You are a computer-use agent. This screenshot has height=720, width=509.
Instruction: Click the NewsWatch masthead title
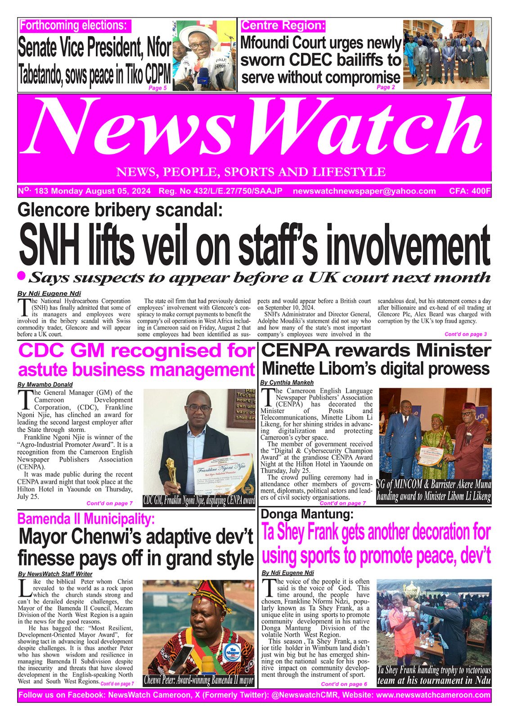pyautogui.click(x=254, y=130)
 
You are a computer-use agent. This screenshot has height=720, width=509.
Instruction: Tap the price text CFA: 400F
pyautogui.click(x=469, y=191)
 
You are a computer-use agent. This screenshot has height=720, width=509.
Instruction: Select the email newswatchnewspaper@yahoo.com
pyautogui.click(x=364, y=191)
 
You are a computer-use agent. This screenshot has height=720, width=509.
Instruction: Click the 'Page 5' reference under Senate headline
pyautogui.click(x=158, y=88)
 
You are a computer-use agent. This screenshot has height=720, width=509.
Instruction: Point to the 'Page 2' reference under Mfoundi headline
pyautogui.click(x=386, y=87)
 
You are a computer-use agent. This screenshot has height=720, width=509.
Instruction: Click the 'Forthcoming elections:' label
pyautogui.click(x=75, y=26)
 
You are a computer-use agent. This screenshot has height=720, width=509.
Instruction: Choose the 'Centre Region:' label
pyautogui.click(x=283, y=26)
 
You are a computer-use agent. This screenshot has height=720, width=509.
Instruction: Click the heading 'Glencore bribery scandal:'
pyautogui.click(x=120, y=210)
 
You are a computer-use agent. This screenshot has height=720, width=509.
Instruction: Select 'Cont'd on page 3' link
pyautogui.click(x=465, y=334)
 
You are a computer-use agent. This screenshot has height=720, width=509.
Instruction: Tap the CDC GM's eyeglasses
pyautogui.click(x=199, y=408)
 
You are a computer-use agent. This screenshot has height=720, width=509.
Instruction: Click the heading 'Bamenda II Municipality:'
pyautogui.click(x=86, y=519)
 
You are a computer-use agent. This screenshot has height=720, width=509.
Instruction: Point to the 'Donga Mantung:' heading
pyautogui.click(x=307, y=514)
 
